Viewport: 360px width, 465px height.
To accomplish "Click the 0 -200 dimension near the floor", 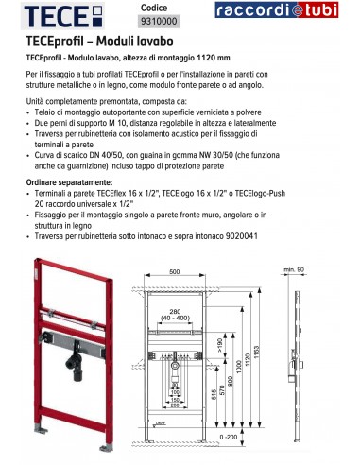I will click(x=228, y=437).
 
